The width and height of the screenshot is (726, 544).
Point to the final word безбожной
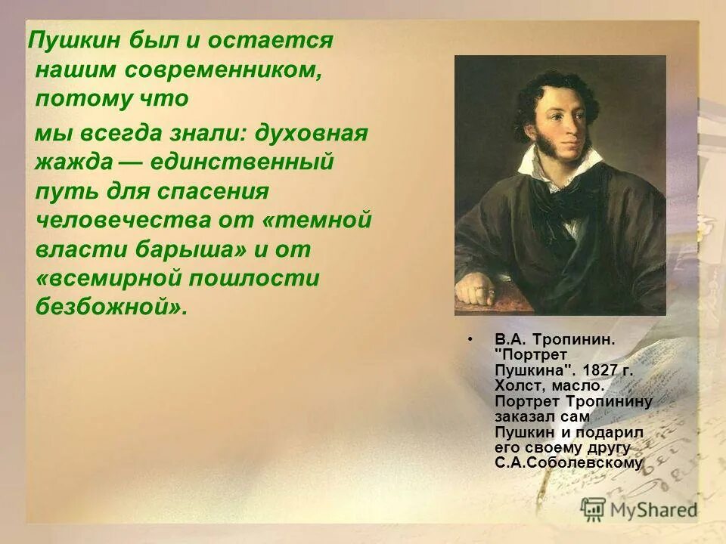[x=110, y=307]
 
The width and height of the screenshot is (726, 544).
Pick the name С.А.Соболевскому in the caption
[x=569, y=463]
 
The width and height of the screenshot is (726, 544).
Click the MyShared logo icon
[x=594, y=508]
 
